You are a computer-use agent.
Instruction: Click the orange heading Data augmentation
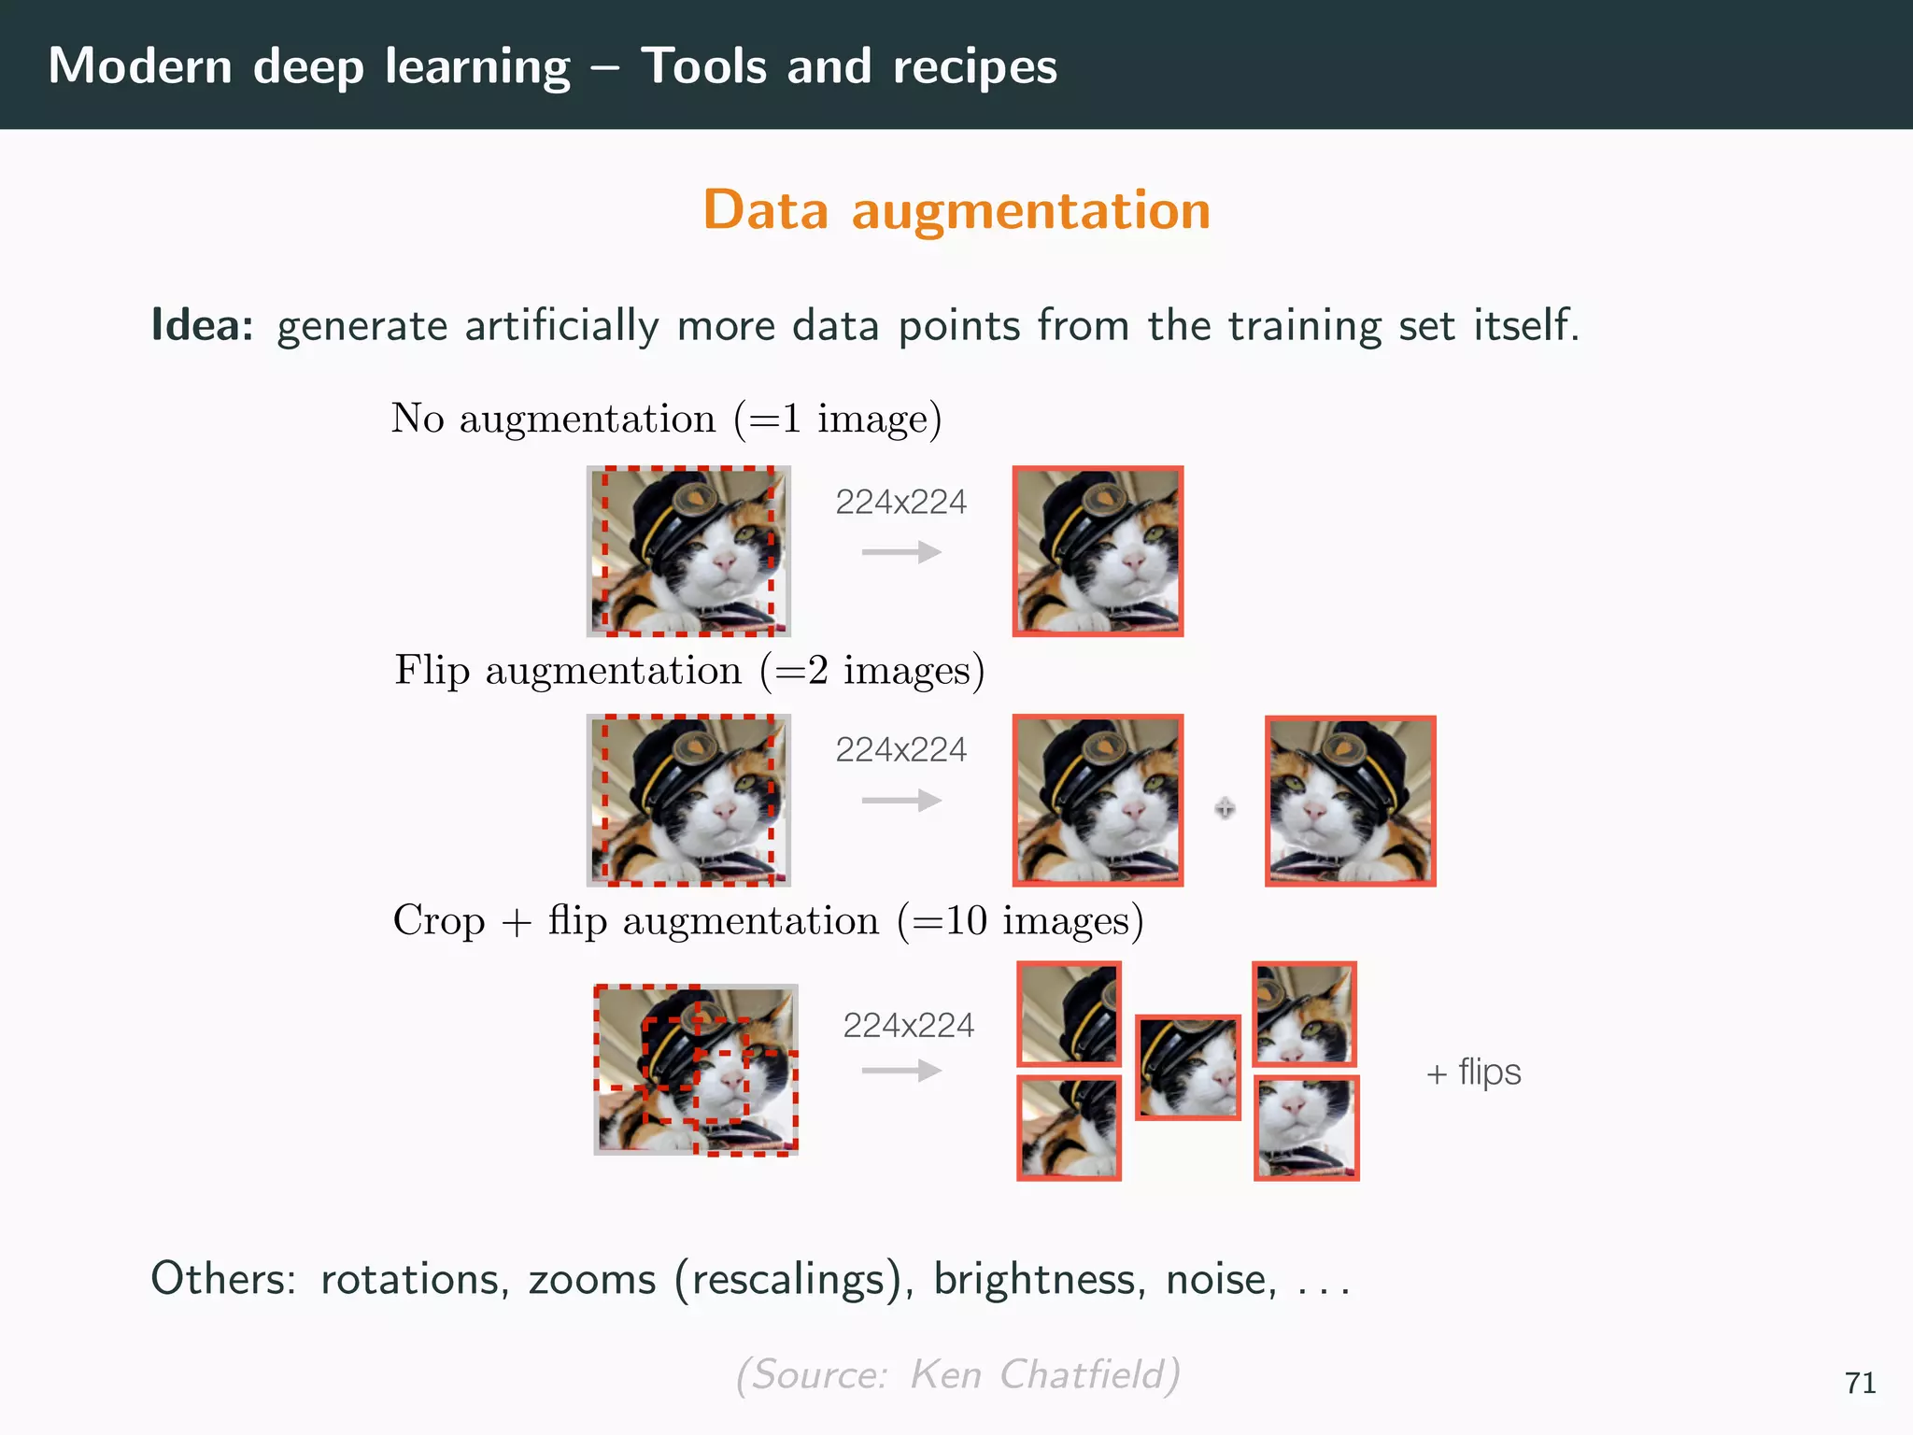click(x=956, y=209)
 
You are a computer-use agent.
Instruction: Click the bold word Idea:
click(x=202, y=325)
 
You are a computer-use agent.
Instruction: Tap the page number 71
click(x=1860, y=1383)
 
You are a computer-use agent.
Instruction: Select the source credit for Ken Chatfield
click(x=957, y=1374)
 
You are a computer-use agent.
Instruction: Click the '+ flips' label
click(x=1473, y=1072)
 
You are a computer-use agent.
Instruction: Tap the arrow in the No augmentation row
click(x=900, y=552)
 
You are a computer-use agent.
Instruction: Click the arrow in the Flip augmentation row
click(x=900, y=801)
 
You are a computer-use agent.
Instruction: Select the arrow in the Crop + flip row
click(x=900, y=1070)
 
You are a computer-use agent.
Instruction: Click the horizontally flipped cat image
click(x=1350, y=801)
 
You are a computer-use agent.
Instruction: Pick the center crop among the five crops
click(x=1187, y=1067)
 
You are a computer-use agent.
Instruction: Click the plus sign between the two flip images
click(x=1225, y=808)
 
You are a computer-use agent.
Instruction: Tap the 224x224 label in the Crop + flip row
click(x=908, y=1026)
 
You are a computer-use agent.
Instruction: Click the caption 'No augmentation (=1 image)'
click(x=666, y=419)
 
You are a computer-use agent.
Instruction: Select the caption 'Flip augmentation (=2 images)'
click(x=689, y=671)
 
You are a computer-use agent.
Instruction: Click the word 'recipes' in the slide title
click(x=974, y=66)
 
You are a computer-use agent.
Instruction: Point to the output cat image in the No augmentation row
click(x=1098, y=551)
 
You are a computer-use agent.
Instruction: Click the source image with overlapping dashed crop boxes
click(x=696, y=1070)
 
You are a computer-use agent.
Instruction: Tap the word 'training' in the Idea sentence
click(x=1304, y=325)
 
